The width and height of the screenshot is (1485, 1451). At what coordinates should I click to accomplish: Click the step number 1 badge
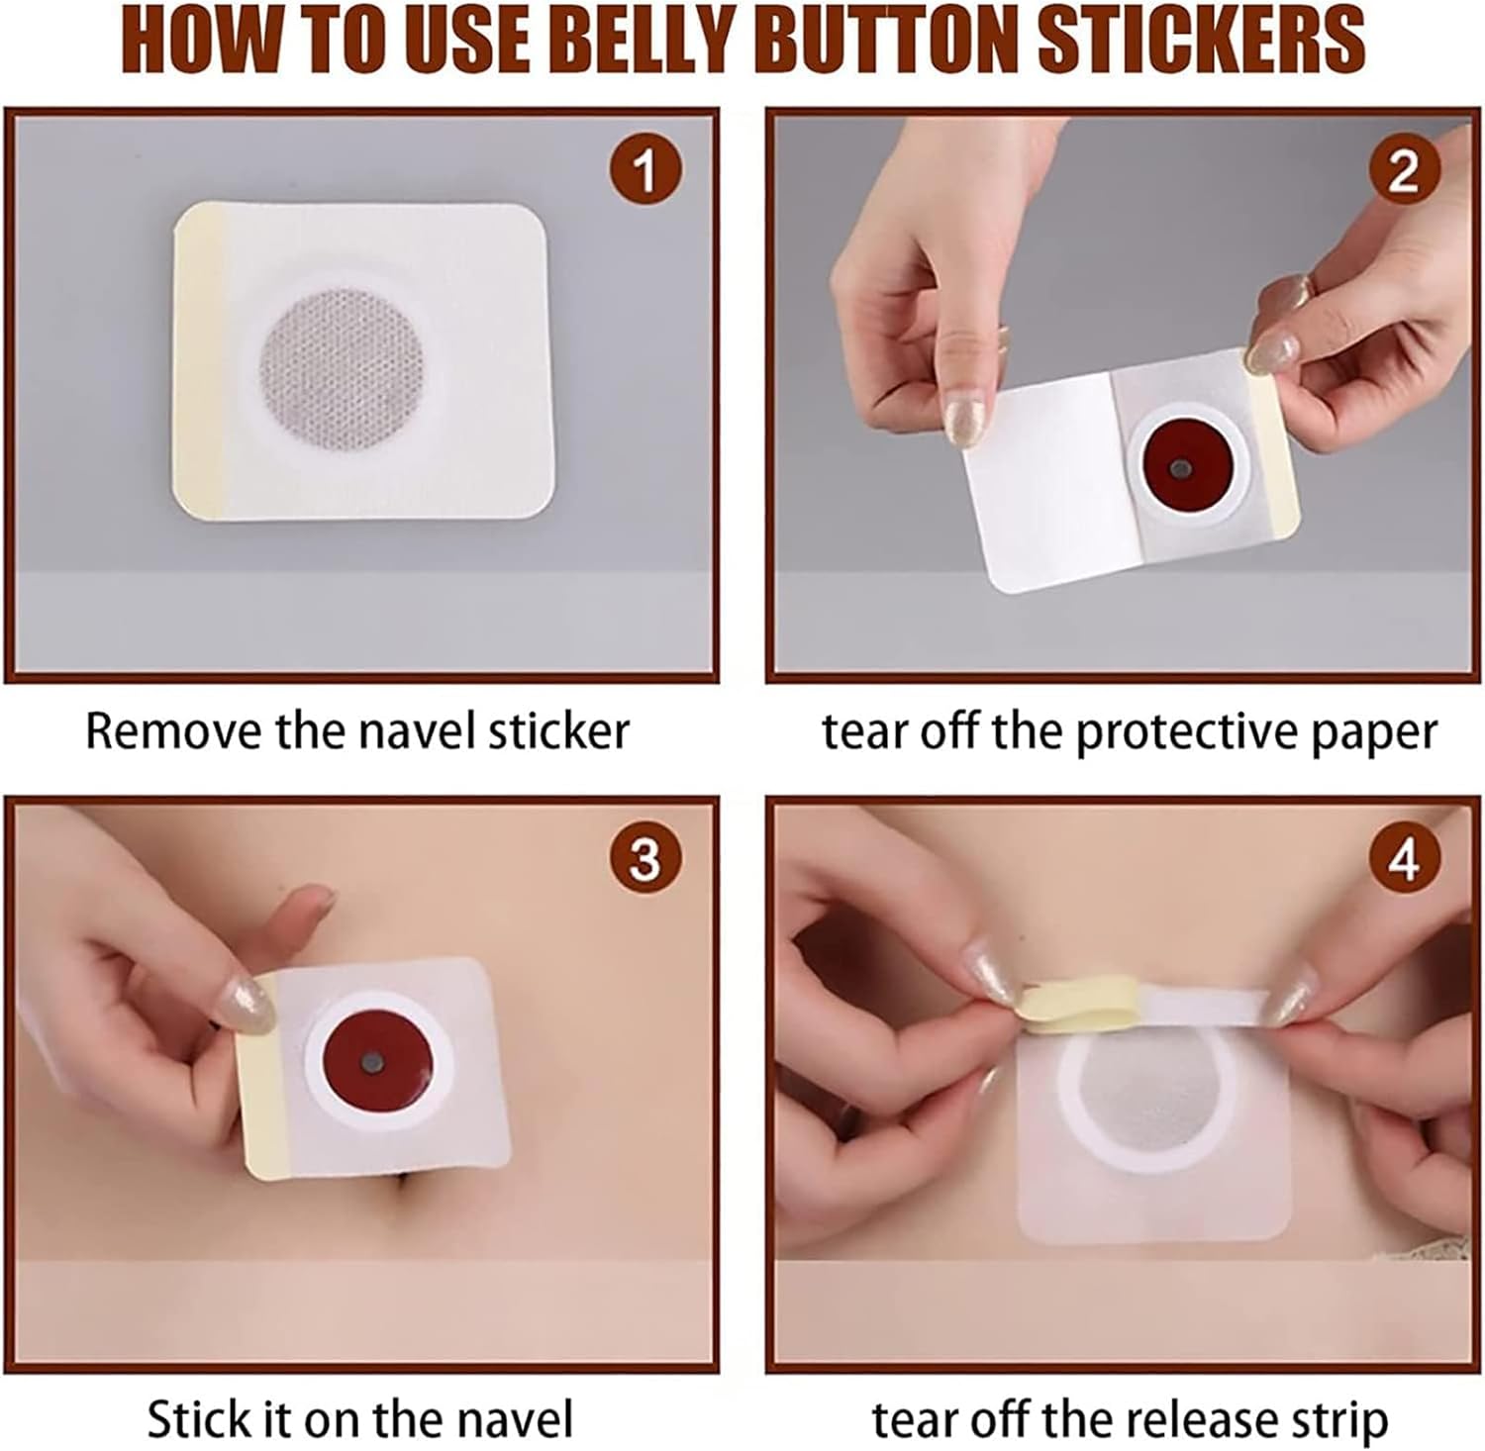point(644,170)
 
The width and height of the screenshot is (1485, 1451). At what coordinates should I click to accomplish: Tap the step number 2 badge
point(1404,170)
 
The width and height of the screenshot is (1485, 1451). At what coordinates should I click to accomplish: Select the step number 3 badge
point(644,857)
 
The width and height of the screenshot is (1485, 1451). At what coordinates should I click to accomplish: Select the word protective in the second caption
point(1186,733)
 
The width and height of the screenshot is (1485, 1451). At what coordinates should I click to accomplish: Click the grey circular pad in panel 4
point(1148,1097)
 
